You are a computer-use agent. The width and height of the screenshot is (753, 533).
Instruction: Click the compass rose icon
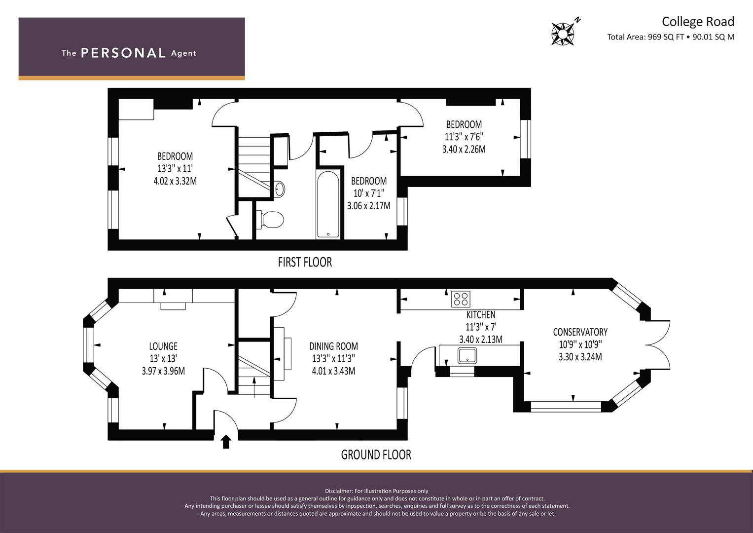(563, 34)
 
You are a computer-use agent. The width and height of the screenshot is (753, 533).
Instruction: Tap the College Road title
(698, 22)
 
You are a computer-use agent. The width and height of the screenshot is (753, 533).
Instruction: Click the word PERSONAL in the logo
(123, 53)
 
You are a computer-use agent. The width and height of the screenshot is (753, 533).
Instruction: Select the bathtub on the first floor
(328, 205)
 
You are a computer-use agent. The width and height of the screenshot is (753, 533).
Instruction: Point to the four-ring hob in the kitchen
(461, 299)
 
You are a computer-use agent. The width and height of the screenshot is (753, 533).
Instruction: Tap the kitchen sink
(467, 356)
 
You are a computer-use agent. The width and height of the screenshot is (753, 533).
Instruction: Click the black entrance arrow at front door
(226, 442)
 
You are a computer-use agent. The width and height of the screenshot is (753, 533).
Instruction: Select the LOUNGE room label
(163, 346)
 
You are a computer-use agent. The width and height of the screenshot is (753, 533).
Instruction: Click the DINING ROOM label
(333, 346)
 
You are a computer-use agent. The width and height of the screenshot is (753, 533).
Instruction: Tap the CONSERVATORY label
(580, 332)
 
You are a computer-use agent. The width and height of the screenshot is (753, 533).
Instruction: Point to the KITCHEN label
(481, 315)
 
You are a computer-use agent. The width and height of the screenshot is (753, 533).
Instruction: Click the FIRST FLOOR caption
(305, 262)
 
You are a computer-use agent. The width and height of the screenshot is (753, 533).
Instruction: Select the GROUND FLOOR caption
(376, 455)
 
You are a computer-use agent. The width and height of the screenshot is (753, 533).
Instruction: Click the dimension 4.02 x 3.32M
(175, 181)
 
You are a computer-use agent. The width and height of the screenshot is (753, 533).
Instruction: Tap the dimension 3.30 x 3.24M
(580, 357)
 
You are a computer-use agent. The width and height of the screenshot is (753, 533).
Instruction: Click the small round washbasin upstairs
(280, 189)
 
